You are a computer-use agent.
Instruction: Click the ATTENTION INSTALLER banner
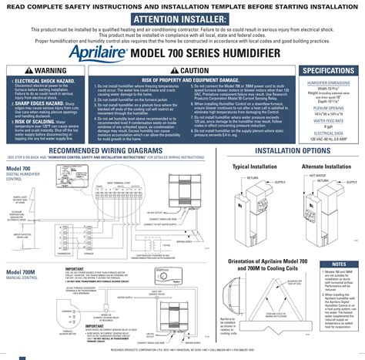click(x=182, y=19)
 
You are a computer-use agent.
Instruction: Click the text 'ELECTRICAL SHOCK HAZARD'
click(x=44, y=80)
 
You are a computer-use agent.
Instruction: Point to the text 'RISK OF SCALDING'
click(x=35, y=121)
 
